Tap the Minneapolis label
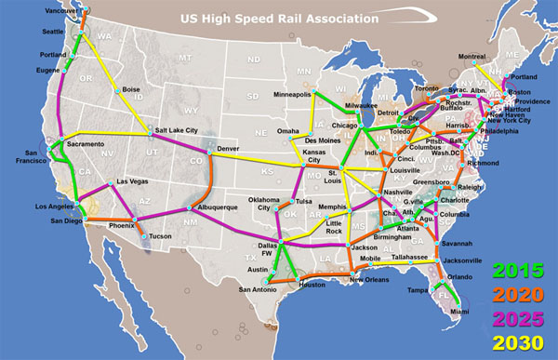click(292, 94)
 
